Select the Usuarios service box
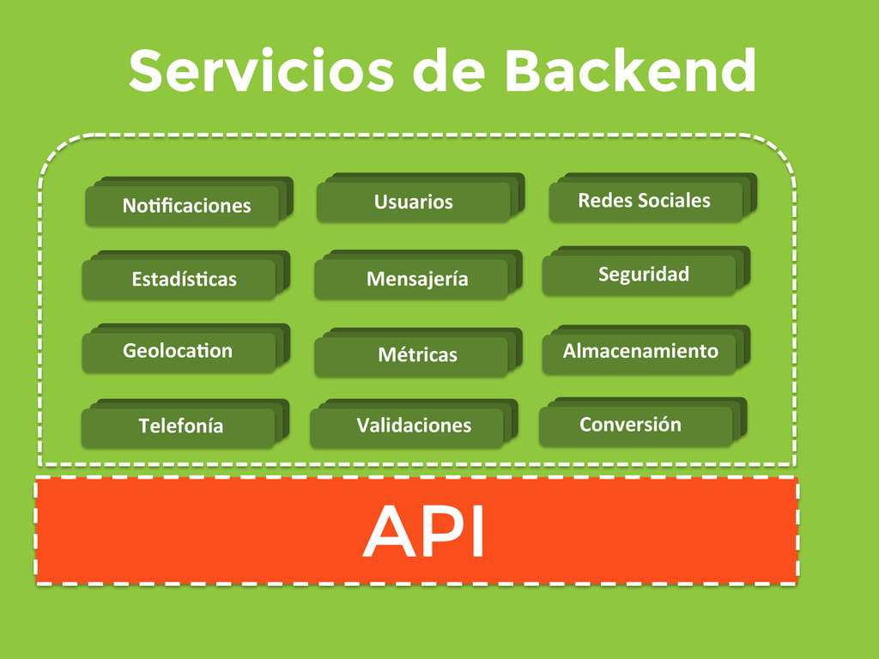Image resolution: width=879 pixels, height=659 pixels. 413,203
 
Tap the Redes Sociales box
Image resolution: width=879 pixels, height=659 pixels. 645,201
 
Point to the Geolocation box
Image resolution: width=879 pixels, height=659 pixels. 179,352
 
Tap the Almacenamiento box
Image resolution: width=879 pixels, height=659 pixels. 640,351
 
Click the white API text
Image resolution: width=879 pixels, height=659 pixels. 424,532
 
